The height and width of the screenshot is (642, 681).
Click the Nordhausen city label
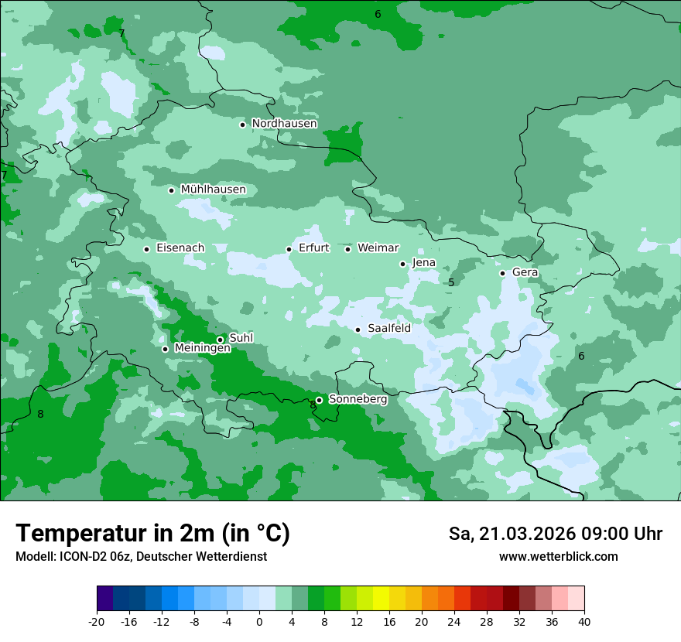click(x=284, y=124)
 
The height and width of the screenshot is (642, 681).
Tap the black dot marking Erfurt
click(x=289, y=249)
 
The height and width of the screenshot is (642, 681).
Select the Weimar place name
click(x=378, y=248)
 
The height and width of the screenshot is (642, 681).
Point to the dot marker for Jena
click(x=402, y=264)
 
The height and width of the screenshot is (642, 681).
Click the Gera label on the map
click(x=525, y=272)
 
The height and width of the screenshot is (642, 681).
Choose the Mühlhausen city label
click(x=213, y=190)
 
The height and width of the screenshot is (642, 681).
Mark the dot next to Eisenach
click(x=146, y=249)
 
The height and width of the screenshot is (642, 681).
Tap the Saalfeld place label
click(x=388, y=329)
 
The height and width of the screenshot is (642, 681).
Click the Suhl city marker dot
click(x=220, y=340)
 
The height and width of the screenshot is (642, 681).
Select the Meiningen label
click(x=202, y=349)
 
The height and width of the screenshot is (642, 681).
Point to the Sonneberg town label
click(x=358, y=400)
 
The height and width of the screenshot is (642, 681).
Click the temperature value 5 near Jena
click(x=451, y=283)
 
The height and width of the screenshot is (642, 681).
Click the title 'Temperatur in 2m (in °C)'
click(x=152, y=533)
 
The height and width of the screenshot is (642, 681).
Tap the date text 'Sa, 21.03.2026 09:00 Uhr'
click(x=555, y=534)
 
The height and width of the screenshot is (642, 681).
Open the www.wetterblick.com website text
click(x=558, y=557)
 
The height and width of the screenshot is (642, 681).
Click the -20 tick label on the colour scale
click(x=97, y=621)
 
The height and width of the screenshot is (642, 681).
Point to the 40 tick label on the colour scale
click(x=583, y=621)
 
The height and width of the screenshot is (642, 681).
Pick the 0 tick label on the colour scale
click(x=259, y=621)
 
